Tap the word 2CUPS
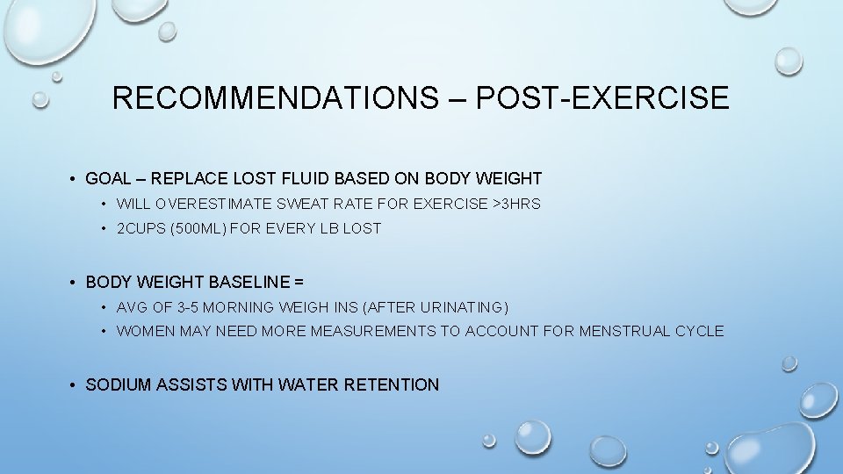coord(141,229)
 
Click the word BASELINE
coord(249,283)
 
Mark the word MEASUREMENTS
coord(368,332)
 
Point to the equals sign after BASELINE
coord(299,283)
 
